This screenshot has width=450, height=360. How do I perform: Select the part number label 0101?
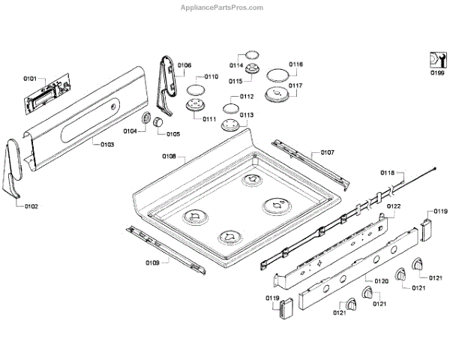[x=30, y=78]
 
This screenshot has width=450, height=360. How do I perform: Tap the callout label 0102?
[x=31, y=205]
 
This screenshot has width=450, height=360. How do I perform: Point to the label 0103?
[x=107, y=144]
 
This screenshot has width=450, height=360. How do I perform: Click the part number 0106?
[x=184, y=65]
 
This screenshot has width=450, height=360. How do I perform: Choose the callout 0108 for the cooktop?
[x=169, y=157]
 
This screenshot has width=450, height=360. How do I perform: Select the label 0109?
[x=152, y=262]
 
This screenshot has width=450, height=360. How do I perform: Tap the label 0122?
[x=394, y=206]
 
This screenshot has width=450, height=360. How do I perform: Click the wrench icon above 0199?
[x=436, y=58]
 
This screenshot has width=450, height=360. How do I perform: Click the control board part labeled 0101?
[x=44, y=96]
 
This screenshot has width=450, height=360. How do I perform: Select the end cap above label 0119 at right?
[x=424, y=225]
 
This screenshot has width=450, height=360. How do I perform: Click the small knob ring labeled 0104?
[x=147, y=121]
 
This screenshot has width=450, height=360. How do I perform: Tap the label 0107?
[x=328, y=152]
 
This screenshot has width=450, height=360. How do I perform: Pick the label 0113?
[x=247, y=115]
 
